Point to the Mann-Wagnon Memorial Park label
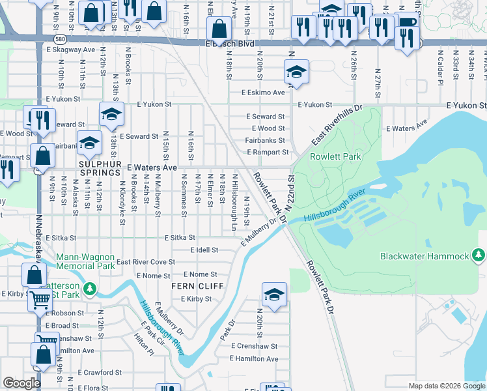[85, 261]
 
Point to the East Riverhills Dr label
[335, 125]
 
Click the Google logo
[22, 383]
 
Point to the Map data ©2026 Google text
[446, 386]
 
